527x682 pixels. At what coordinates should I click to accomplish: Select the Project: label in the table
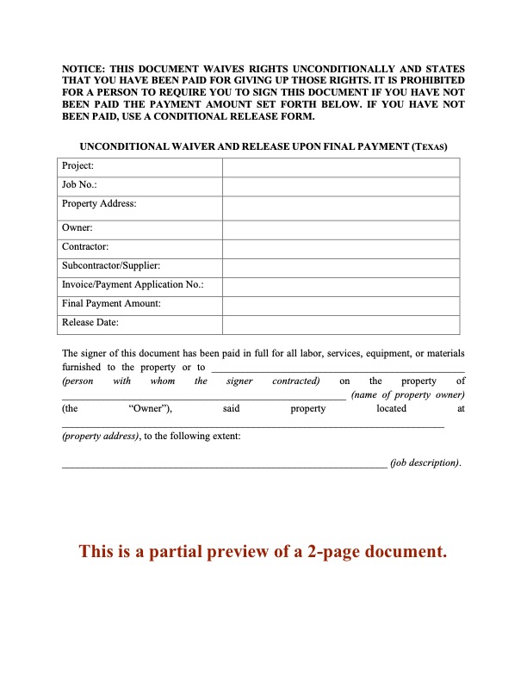77,166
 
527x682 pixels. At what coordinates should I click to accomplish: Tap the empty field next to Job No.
341,185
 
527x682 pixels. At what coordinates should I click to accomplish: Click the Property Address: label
99,204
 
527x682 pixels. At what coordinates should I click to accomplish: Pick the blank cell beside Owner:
341,228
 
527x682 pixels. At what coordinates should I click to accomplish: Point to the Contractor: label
85,247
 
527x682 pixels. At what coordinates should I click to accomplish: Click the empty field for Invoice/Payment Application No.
341,285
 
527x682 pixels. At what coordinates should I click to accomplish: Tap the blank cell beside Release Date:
341,324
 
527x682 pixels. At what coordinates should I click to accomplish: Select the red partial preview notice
263,552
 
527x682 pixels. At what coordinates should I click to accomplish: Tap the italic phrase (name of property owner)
408,394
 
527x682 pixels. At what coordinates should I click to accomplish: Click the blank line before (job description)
224,464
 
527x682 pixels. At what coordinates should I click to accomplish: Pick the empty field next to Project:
341,166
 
